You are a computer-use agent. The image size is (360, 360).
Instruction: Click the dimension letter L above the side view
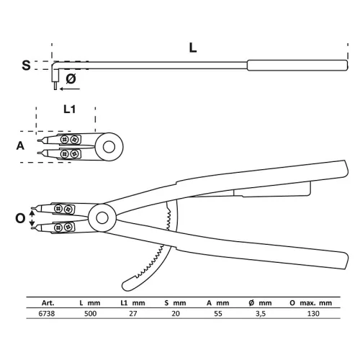(x=193, y=48)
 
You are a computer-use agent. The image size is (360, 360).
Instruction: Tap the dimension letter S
(x=26, y=65)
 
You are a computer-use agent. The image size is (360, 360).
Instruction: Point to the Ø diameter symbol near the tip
(x=71, y=78)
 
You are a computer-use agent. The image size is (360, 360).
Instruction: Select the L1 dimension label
(x=69, y=109)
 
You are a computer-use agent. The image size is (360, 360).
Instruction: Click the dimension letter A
(x=20, y=145)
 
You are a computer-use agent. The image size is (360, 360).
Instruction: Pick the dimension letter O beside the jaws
(x=20, y=218)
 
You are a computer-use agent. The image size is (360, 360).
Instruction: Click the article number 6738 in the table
(x=47, y=313)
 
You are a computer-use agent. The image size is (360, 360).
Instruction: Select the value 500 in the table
(x=90, y=313)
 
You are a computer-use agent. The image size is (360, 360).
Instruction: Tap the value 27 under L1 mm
(x=133, y=313)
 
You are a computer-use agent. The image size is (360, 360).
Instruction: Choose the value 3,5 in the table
(x=261, y=313)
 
